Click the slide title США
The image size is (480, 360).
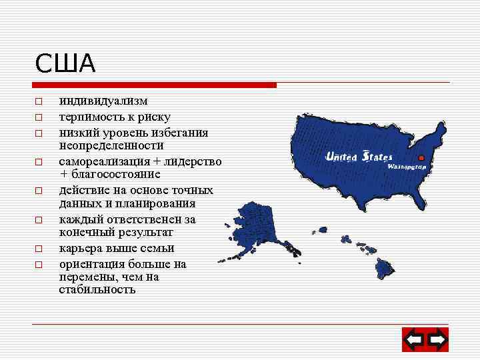click(65, 64)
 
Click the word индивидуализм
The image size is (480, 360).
click(103, 101)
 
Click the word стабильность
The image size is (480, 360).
click(97, 289)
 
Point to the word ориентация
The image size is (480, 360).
click(90, 264)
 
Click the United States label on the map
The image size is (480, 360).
click(359, 157)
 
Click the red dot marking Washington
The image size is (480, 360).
click(421, 158)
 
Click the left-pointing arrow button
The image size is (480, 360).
click(414, 341)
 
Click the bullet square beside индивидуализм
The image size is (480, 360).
click(39, 102)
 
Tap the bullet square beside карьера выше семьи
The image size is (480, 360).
click(39, 249)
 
